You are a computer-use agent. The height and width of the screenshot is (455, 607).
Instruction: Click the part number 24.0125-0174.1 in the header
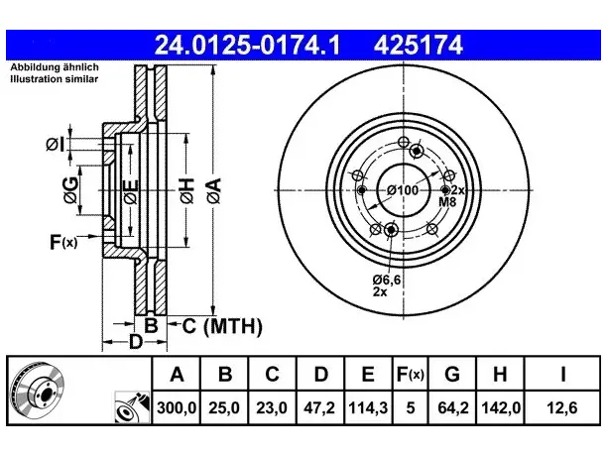(247, 45)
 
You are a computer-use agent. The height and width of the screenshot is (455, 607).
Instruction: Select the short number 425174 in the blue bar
(419, 45)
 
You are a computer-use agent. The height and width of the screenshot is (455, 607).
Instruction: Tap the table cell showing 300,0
(177, 407)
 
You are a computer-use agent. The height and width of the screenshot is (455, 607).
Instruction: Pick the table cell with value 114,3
(368, 407)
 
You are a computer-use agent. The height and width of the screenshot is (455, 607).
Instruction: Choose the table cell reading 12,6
(562, 407)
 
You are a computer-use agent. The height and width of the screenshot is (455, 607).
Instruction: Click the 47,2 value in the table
(319, 407)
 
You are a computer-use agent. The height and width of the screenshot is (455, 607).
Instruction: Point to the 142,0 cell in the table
(500, 407)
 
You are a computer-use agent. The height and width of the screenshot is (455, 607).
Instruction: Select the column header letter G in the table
(452, 375)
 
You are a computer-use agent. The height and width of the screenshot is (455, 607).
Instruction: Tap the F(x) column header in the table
(411, 375)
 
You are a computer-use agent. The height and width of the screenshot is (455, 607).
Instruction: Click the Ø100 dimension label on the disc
(403, 190)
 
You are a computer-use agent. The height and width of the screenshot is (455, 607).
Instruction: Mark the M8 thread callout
(447, 201)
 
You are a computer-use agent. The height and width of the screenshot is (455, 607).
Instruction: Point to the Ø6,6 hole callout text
(387, 280)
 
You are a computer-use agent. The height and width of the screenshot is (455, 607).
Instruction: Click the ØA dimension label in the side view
(214, 190)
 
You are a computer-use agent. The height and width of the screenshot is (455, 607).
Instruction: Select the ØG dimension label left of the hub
(70, 190)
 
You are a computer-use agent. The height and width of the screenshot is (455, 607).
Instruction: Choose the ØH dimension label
(187, 190)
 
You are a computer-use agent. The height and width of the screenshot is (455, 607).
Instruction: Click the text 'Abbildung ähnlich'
(55, 67)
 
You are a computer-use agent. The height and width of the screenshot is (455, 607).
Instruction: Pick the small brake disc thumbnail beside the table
(38, 391)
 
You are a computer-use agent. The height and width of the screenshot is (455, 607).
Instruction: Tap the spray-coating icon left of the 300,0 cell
(132, 407)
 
